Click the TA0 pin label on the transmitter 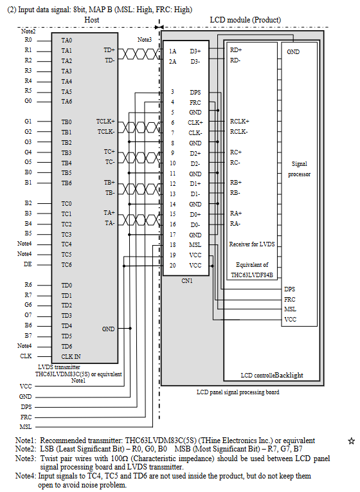(66, 40)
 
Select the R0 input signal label (28, 40)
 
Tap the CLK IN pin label (71, 356)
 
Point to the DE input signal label (28, 264)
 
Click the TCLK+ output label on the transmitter (105, 121)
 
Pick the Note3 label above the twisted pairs (144, 39)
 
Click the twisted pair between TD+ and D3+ (139, 54)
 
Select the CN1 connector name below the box (187, 281)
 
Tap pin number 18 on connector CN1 (172, 245)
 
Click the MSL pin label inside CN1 (195, 245)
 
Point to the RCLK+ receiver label (239, 121)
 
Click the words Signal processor (299, 169)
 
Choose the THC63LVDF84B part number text (252, 275)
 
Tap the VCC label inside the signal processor (290, 320)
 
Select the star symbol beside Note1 (351, 441)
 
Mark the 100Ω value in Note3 (118, 459)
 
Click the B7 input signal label (28, 336)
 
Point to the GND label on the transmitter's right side (108, 329)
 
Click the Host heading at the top (91, 20)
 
